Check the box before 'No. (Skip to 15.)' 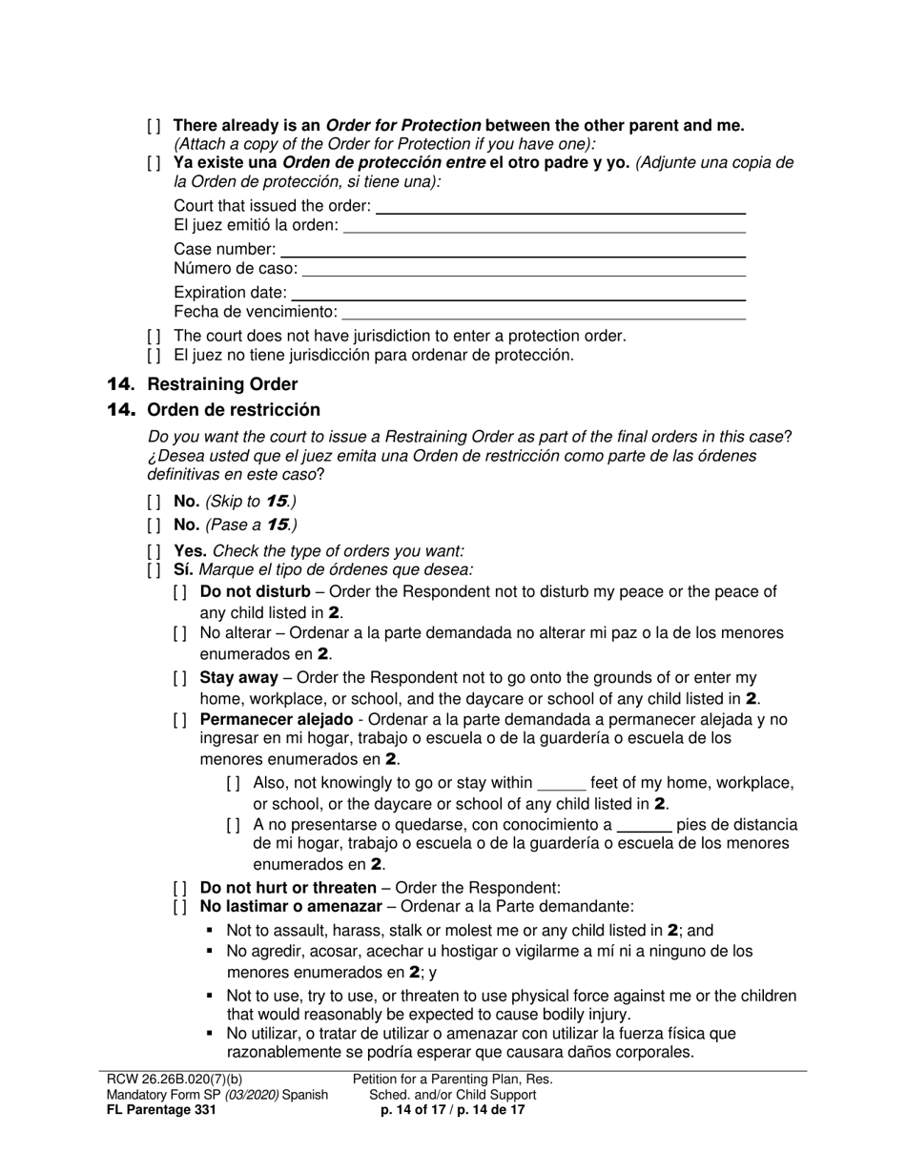point(154,502)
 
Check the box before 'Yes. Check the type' point(154,551)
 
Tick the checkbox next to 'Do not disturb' point(181,592)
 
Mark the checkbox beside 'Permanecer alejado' point(181,720)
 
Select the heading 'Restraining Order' point(235,384)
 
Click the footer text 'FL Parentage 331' point(161,1110)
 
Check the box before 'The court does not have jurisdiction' point(154,336)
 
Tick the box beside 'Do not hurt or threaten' point(181,888)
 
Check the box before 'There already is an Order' point(154,126)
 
